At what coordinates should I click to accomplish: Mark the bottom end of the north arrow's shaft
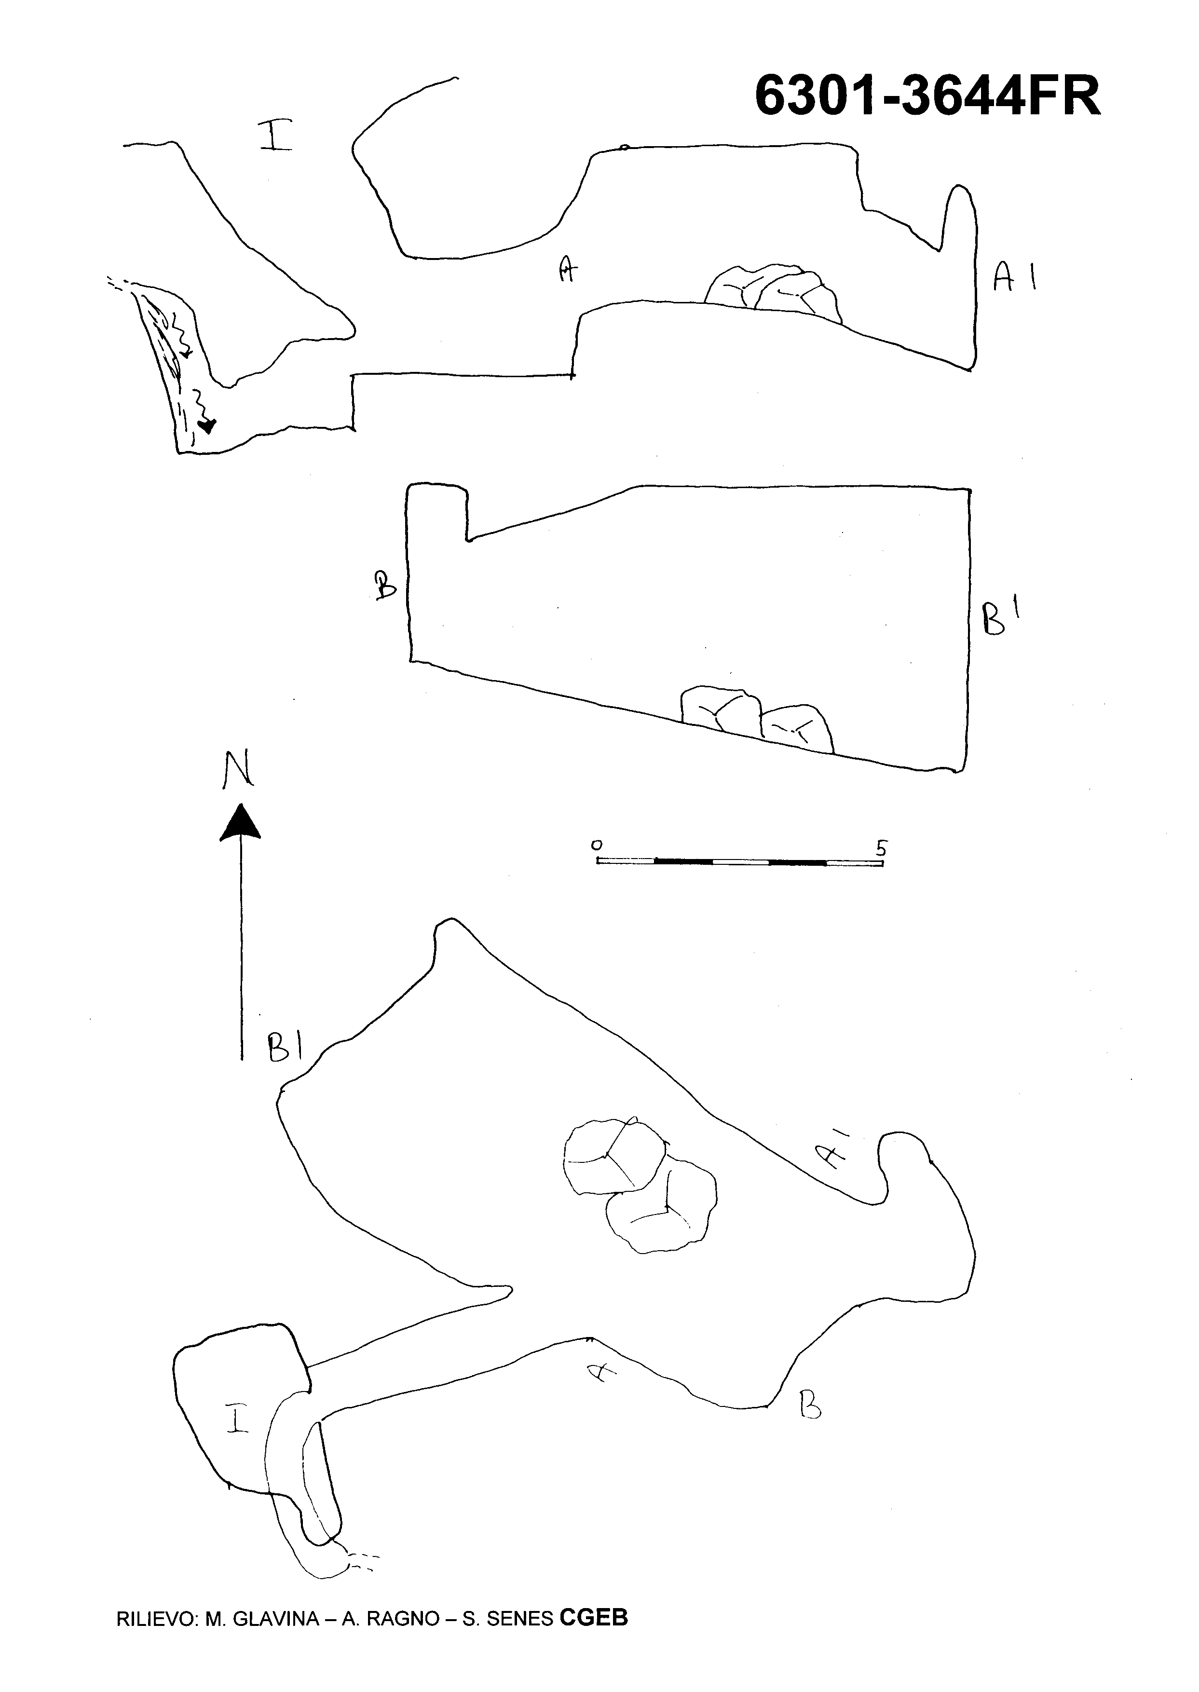242,1059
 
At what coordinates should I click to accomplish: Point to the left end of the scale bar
597,861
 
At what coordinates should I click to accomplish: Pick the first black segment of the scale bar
683,861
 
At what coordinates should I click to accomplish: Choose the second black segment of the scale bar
797,861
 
